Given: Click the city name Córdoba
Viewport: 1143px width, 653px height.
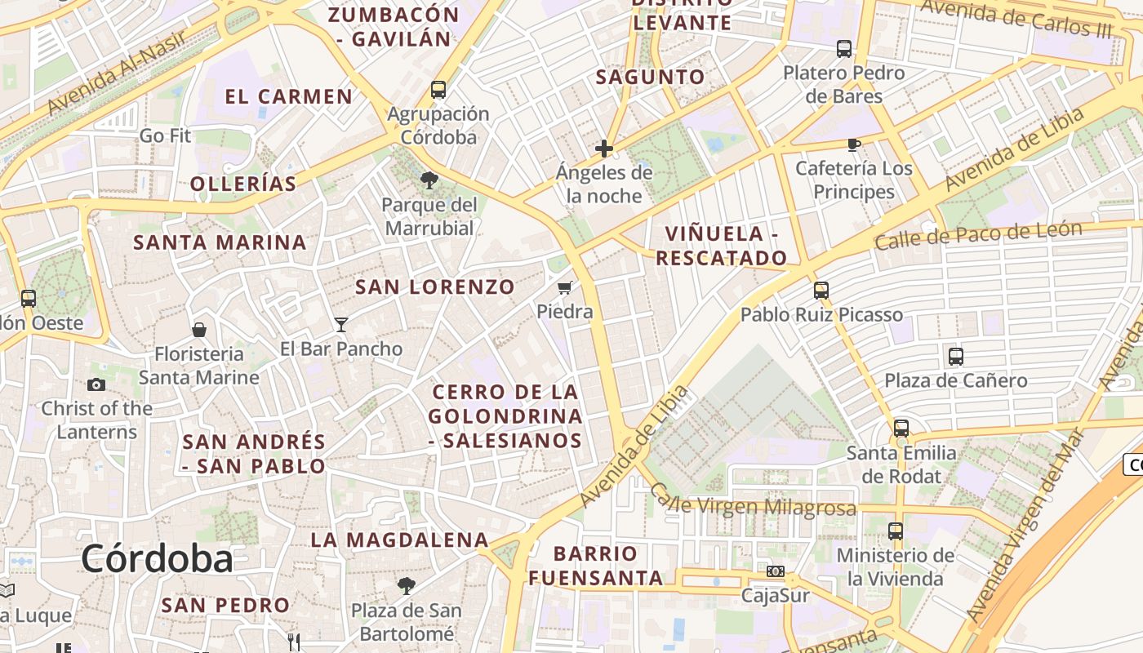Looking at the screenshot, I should [x=157, y=558].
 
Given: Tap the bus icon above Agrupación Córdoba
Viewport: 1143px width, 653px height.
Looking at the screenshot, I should [x=438, y=90].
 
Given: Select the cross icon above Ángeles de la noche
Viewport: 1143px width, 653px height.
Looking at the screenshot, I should [x=604, y=149].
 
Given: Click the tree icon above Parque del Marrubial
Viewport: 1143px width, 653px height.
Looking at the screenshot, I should [x=429, y=180].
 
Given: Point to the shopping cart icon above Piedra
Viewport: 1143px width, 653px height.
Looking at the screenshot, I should [x=564, y=287].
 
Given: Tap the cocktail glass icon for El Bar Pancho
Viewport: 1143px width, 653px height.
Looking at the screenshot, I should [x=341, y=325].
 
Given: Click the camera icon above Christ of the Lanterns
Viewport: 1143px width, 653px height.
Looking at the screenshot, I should [x=96, y=384].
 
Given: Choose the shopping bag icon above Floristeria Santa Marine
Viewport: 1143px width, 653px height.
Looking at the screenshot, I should [x=198, y=330].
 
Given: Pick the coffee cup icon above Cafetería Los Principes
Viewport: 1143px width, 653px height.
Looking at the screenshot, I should [x=853, y=145].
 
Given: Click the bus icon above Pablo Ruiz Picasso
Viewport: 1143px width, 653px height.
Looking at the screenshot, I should [x=821, y=291].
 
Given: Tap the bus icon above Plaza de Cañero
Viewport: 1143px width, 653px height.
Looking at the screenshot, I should [x=955, y=357].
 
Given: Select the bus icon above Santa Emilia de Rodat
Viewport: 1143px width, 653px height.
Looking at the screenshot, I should [x=901, y=429].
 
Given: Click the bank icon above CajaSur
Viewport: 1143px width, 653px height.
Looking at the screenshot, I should [x=775, y=571].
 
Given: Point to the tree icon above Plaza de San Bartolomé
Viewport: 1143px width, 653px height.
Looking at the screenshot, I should [x=406, y=586].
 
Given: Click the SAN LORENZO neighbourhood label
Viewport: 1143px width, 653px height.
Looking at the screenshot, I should [x=435, y=287].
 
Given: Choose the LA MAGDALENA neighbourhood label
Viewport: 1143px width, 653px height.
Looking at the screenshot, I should [x=399, y=540].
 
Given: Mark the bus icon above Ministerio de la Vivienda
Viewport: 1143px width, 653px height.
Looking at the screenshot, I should [x=895, y=531].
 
